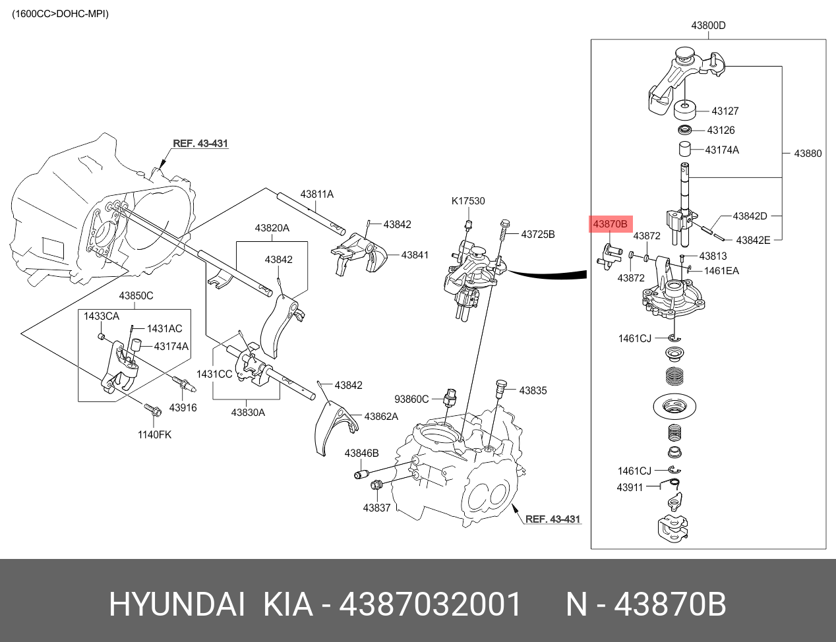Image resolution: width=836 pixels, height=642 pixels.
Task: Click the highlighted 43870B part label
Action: pyautogui.click(x=610, y=224)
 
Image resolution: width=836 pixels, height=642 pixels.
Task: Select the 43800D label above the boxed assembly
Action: pyautogui.click(x=708, y=26)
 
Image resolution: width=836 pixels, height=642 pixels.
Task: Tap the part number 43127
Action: pyautogui.click(x=725, y=111)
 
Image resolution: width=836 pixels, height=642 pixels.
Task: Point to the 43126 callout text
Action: pyautogui.click(x=721, y=131)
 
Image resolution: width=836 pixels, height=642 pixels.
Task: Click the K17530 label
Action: pyautogui.click(x=468, y=201)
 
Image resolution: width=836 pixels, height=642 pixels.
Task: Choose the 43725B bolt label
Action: pyautogui.click(x=538, y=234)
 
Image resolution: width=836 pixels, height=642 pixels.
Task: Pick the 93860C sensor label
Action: pyautogui.click(x=411, y=399)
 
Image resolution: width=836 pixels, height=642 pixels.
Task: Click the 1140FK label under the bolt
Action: pyautogui.click(x=154, y=434)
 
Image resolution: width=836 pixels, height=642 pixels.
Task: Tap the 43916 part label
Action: pyautogui.click(x=183, y=407)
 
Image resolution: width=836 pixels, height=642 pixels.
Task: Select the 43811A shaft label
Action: pyautogui.click(x=316, y=194)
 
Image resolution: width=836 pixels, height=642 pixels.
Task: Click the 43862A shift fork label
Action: pyautogui.click(x=381, y=417)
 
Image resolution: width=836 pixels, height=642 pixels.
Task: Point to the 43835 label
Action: pyautogui.click(x=533, y=390)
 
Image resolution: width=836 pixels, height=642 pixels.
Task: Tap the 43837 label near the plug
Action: pyautogui.click(x=376, y=508)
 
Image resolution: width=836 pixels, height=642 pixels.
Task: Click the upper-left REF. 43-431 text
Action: pyautogui.click(x=200, y=143)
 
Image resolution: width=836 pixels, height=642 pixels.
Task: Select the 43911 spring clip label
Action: pyautogui.click(x=630, y=488)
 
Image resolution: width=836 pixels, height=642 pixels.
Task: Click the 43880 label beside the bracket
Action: pyautogui.click(x=808, y=154)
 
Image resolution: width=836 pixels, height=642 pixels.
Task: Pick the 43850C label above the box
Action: pyautogui.click(x=136, y=296)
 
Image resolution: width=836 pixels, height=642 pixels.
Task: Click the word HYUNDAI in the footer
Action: pyautogui.click(x=177, y=604)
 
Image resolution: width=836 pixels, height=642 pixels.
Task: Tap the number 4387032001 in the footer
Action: pyautogui.click(x=430, y=604)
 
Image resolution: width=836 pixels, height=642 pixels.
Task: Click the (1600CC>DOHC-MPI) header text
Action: pyautogui.click(x=61, y=14)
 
